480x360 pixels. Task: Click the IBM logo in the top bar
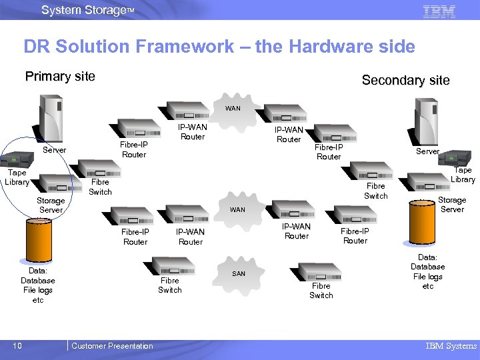[x=439, y=11]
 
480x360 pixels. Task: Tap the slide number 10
[x=17, y=345]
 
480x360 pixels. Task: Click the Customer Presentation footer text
[x=112, y=345]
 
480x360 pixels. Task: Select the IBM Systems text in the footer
[x=451, y=345]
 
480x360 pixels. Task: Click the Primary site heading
[x=60, y=76]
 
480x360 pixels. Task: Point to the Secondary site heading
[x=405, y=81]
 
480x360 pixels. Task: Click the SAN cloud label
[x=239, y=274]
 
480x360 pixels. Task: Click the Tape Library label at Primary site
[x=17, y=177]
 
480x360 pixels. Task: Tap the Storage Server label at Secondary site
[x=452, y=204]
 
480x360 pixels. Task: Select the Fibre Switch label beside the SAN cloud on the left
[x=169, y=285]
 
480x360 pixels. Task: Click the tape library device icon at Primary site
[x=17, y=159]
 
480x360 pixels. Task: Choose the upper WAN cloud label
[x=233, y=108]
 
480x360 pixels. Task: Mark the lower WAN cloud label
[x=237, y=210]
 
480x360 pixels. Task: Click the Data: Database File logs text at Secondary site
[x=427, y=271]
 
